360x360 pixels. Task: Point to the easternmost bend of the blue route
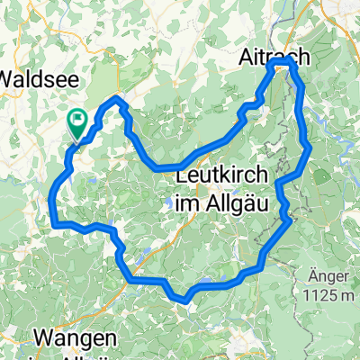[309, 147]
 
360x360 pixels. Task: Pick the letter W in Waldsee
[8, 77]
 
